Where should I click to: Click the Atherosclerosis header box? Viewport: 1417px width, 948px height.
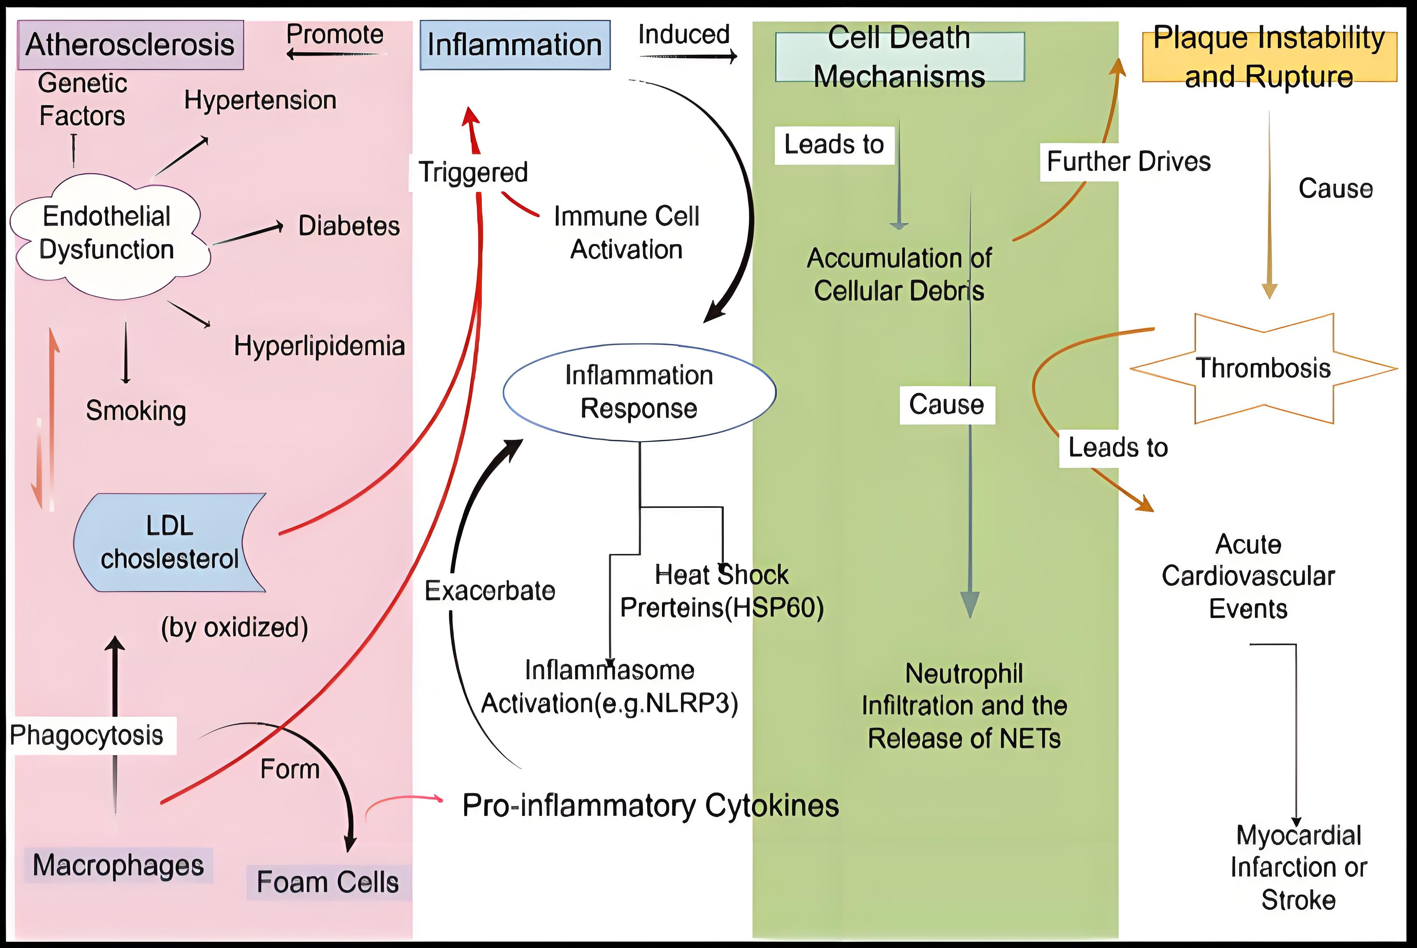click(x=130, y=45)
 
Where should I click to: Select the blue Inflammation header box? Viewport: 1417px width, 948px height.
click(x=514, y=45)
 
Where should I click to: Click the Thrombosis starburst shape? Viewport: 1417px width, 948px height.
click(x=1264, y=368)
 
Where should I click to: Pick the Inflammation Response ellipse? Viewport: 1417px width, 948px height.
click(x=639, y=392)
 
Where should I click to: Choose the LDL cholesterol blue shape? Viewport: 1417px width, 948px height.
click(x=169, y=542)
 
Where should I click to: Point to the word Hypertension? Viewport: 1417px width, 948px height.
click(x=260, y=100)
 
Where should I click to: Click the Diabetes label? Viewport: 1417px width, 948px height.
click(x=349, y=226)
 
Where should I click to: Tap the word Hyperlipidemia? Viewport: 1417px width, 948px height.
click(x=319, y=346)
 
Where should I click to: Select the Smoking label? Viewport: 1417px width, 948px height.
click(x=136, y=411)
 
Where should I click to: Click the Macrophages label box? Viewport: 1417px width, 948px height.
click(x=118, y=865)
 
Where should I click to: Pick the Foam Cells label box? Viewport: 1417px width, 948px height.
click(x=328, y=882)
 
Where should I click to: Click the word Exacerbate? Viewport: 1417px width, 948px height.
click(x=490, y=591)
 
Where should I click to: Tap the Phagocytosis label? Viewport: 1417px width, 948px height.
click(x=86, y=736)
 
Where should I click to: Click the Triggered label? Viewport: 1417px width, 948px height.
click(x=473, y=172)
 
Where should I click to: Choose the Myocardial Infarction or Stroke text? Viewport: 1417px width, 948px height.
click(x=1299, y=868)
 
